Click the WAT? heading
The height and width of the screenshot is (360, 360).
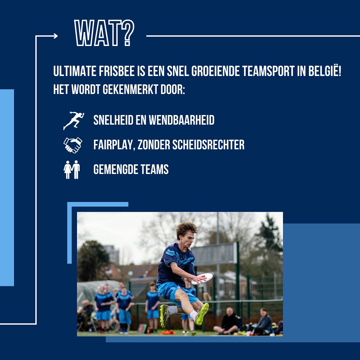(104, 33)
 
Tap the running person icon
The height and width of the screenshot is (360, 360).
(73, 121)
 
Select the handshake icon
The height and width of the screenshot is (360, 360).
(73, 145)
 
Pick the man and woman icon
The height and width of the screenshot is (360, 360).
(72, 170)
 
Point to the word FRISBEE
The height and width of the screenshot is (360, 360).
(117, 71)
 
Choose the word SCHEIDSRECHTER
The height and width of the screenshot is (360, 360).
(208, 145)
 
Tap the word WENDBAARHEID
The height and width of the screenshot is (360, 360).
(181, 120)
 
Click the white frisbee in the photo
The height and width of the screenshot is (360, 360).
(202, 279)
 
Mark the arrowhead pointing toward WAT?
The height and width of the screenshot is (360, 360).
(55, 36)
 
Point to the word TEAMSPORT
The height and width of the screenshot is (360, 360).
(268, 71)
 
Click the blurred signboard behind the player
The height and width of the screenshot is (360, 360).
(214, 254)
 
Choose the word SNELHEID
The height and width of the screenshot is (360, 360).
(113, 120)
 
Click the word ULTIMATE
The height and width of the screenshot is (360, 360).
(75, 71)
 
